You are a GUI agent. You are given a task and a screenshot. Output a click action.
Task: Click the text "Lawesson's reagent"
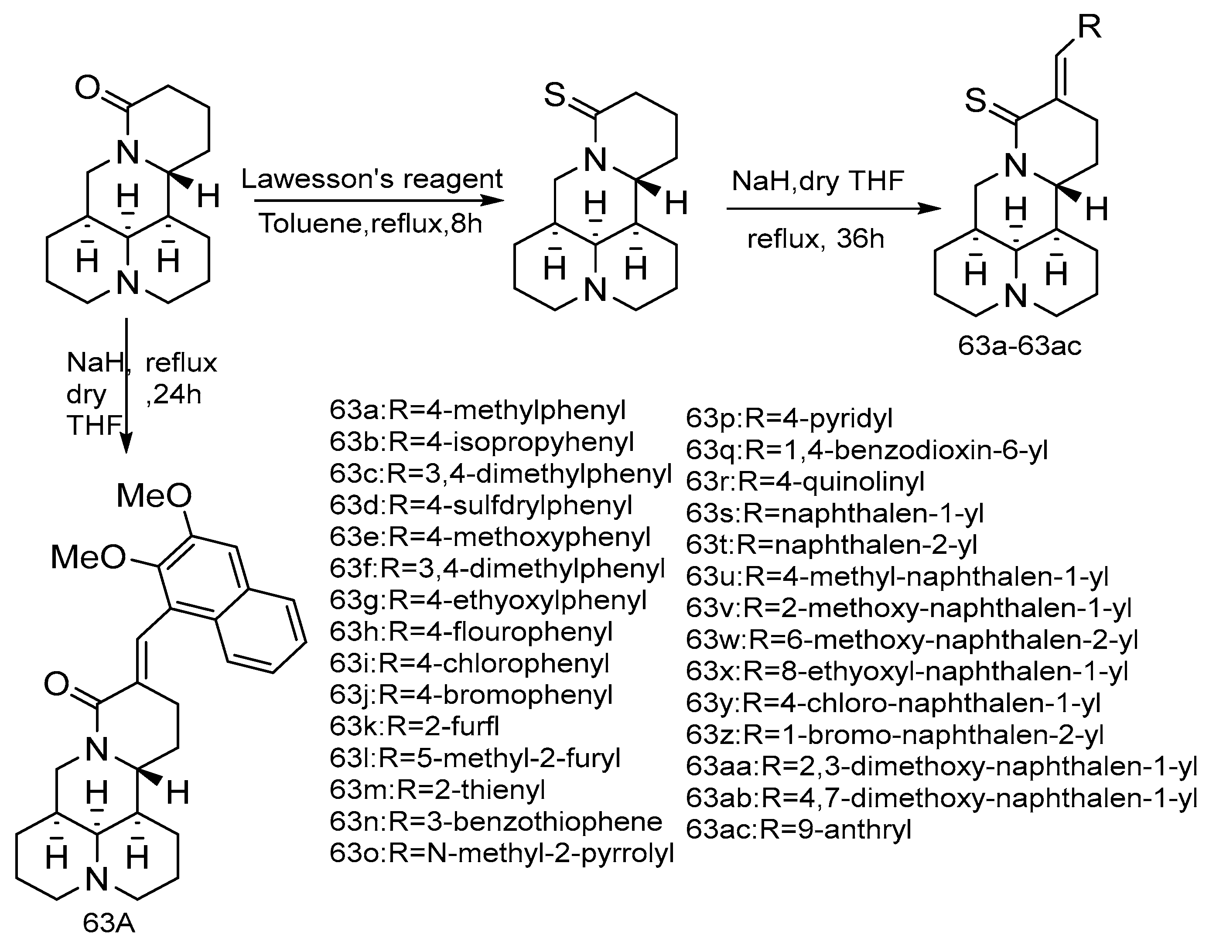click(x=372, y=179)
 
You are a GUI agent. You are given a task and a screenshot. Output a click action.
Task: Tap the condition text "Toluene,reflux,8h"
click(x=370, y=224)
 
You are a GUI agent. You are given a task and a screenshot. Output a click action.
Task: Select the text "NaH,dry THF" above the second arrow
click(x=817, y=181)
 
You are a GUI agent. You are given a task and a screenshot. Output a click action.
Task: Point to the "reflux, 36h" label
click(x=816, y=239)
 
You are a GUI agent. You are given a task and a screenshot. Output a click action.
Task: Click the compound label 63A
click(x=109, y=923)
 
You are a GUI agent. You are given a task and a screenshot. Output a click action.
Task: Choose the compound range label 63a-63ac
click(x=1019, y=346)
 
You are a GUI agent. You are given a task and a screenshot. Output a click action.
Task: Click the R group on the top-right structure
click(x=1089, y=27)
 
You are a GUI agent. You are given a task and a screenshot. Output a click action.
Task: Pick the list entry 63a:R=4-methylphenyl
click(x=478, y=411)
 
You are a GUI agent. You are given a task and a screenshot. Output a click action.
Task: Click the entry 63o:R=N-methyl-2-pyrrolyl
click(x=502, y=853)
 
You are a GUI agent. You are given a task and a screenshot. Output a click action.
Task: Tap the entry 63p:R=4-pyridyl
click(x=789, y=417)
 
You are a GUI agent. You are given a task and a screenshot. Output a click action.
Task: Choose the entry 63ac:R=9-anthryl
click(x=799, y=829)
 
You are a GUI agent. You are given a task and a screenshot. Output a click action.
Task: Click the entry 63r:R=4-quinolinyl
click(x=805, y=481)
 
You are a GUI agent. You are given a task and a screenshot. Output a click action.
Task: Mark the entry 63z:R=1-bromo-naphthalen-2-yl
click(x=894, y=735)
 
